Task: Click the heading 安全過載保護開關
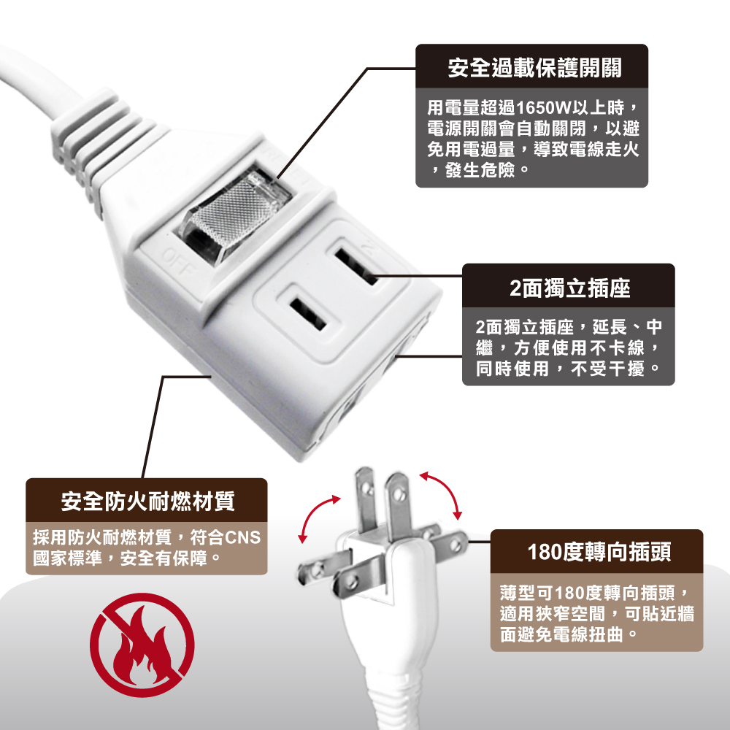(534, 68)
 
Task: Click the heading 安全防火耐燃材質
(147, 502)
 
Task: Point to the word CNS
(242, 538)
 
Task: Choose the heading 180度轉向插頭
(599, 552)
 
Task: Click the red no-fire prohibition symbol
(142, 645)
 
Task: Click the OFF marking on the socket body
(177, 263)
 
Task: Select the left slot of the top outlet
(307, 314)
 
